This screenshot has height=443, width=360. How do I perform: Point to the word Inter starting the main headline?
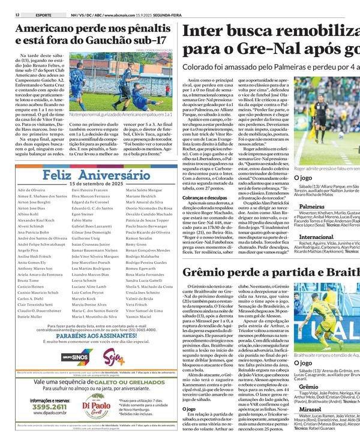[x=205, y=34]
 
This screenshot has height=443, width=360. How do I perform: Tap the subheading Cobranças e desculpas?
[x=206, y=197]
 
